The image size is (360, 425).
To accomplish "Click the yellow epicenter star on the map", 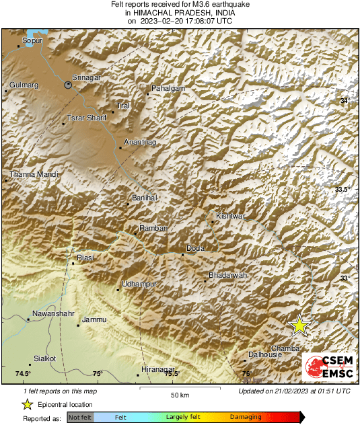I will pyautogui.click(x=299, y=325).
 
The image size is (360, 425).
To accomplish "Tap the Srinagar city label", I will pyautogui.click(x=85, y=79).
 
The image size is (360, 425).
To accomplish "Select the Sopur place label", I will pyautogui.click(x=32, y=41).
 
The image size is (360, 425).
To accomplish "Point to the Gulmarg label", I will pyautogui.click(x=24, y=85).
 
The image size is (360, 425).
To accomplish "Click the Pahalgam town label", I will pyautogui.click(x=167, y=89).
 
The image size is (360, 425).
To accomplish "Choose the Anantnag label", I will pyautogui.click(x=139, y=143).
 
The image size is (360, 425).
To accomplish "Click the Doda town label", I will pyautogui.click(x=195, y=248).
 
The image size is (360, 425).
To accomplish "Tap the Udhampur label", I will pyautogui.click(x=139, y=284).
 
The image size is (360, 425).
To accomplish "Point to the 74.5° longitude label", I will pyautogui.click(x=23, y=374).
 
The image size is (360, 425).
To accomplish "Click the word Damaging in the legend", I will pyautogui.click(x=246, y=418).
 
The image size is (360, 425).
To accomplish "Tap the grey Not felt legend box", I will pyautogui.click(x=79, y=418).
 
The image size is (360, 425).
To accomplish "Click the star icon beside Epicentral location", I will pyautogui.click(x=27, y=404).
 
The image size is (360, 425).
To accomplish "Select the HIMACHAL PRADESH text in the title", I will pyautogui.click(x=159, y=13).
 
